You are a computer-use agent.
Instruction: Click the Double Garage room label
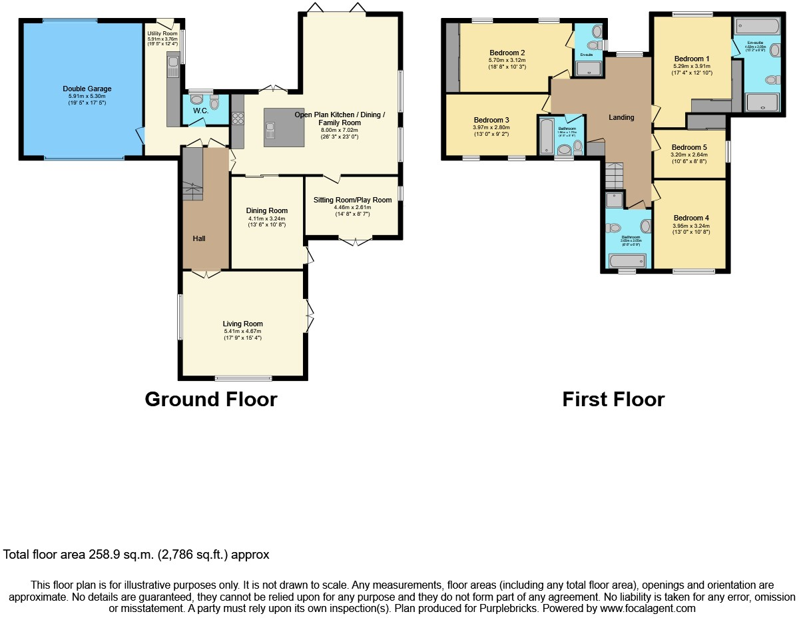tap(87, 89)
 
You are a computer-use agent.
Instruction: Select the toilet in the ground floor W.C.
tap(214, 101)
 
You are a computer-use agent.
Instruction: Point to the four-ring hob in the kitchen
tap(238, 119)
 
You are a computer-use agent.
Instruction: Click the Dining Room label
tap(266, 210)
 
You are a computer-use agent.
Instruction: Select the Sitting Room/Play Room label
tap(352, 200)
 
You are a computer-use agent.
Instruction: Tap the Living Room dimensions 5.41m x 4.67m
tap(242, 331)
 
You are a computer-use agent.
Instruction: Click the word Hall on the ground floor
tap(199, 238)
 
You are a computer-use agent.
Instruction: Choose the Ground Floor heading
tap(210, 400)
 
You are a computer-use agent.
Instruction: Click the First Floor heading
tap(613, 400)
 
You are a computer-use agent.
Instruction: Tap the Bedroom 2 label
tap(507, 53)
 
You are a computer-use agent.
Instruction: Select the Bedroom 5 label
tap(689, 147)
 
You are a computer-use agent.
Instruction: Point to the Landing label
tap(621, 117)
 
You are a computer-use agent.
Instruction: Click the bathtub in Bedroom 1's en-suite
tap(756, 27)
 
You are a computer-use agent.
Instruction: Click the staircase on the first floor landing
tap(613, 175)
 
